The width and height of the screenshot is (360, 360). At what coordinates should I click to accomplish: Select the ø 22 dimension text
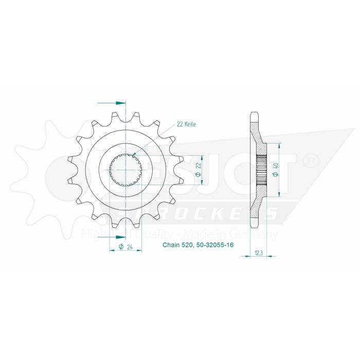[x=198, y=170]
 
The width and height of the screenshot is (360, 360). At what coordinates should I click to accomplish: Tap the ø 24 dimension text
[x=126, y=247]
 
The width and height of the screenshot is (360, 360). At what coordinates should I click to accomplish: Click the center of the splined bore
[x=126, y=170]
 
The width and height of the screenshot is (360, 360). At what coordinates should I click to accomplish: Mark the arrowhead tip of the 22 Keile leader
[x=133, y=156]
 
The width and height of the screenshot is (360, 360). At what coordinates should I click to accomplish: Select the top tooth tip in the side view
[x=254, y=114]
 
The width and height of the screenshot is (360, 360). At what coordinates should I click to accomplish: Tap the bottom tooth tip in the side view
[x=254, y=226]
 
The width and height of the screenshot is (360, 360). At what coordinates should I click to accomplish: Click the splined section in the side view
[x=262, y=170]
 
